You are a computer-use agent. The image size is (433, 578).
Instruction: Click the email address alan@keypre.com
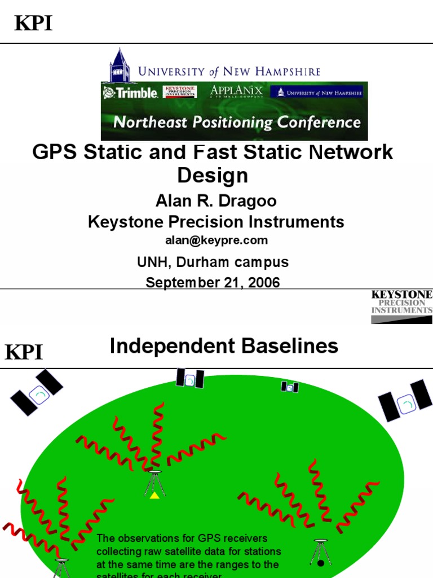pos(216,240)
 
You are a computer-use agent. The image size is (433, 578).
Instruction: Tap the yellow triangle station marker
pos(154,495)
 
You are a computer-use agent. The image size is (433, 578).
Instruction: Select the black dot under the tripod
pos(321,563)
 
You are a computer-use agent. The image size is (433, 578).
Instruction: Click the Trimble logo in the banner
pos(130,93)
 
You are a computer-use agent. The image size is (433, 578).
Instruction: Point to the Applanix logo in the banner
pos(236,91)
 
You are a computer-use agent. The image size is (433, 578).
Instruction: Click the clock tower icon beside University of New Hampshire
pos(120,65)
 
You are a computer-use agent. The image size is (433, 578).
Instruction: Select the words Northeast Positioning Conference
pos(237,122)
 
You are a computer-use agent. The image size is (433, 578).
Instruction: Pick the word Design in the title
pos(213,176)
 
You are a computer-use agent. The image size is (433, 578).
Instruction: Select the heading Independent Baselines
pos(224,346)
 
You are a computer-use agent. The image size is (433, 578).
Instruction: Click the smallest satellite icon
pos(290,387)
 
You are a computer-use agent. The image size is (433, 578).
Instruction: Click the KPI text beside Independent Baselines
pos(24,353)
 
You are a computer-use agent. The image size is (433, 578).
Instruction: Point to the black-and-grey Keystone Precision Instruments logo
pos(401,306)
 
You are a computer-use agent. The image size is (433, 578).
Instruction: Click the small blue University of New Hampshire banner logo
pos(316,92)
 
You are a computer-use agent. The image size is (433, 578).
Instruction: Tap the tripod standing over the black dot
pos(320,550)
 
